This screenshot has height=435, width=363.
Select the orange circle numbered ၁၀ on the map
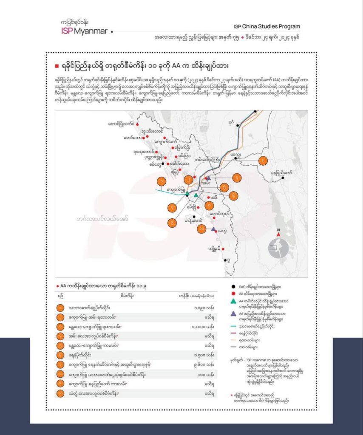pos(202,229)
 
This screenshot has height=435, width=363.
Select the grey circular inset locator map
pos(278,246)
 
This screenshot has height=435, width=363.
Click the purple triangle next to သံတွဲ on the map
pos(213,229)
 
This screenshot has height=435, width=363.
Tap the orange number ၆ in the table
pos(61,355)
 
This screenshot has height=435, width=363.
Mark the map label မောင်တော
pos(132,138)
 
